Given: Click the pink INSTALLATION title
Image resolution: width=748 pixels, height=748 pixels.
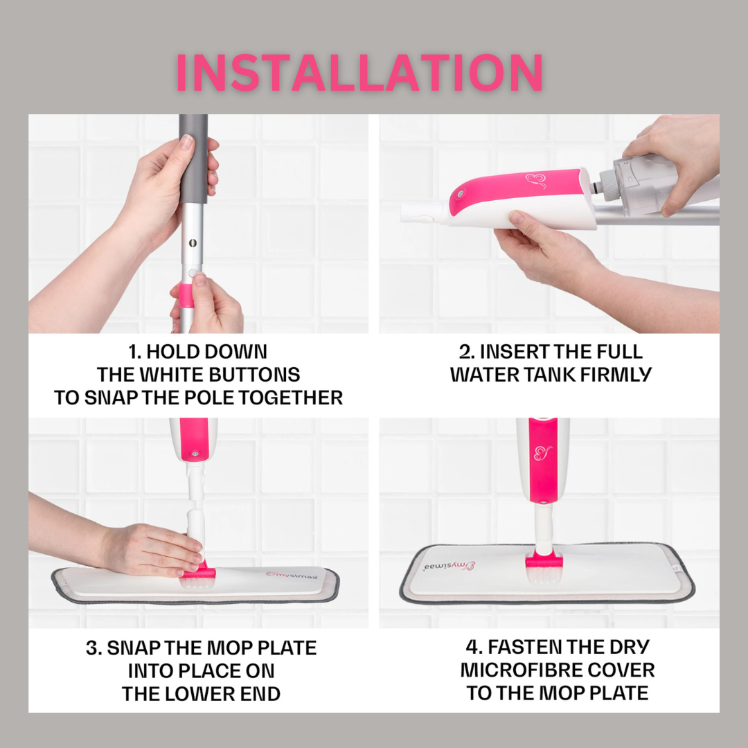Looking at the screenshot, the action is pos(359,72).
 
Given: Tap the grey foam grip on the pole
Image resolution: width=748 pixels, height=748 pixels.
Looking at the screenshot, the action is pos(193,157).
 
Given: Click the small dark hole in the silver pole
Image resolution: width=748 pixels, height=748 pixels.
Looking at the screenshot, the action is pos(193,243).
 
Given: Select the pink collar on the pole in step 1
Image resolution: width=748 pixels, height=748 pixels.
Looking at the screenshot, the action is pos(186,295).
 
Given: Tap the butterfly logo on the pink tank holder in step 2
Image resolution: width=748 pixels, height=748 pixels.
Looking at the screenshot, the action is pos(536,181).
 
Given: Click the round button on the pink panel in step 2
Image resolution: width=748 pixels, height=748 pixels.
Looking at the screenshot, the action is pos(460,194).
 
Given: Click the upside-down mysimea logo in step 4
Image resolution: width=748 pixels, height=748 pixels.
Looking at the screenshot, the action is pos(449,567).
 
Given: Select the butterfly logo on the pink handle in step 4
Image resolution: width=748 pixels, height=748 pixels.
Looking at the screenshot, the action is pos(543,453).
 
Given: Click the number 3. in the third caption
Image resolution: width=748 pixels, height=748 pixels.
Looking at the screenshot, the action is pos(94,648).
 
